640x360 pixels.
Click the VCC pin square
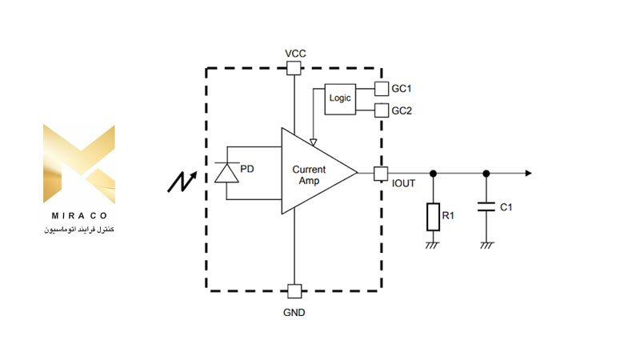(x=294, y=68)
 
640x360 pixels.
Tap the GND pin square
(x=294, y=291)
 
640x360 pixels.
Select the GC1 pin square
(x=382, y=89)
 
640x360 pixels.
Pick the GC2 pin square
(x=382, y=110)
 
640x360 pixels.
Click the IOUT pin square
(x=381, y=174)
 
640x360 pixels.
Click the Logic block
(x=340, y=99)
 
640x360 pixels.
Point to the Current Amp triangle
(x=314, y=171)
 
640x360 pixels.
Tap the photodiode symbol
(x=227, y=173)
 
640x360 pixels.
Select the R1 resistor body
(x=433, y=217)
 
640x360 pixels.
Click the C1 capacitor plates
(x=486, y=206)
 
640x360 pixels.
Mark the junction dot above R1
(x=433, y=174)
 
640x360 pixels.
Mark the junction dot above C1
(x=486, y=174)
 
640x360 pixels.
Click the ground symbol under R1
(x=432, y=245)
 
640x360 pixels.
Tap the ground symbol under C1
(x=486, y=245)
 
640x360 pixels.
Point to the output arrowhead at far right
(x=529, y=174)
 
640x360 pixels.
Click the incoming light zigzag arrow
(x=182, y=182)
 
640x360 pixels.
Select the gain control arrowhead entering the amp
(x=313, y=142)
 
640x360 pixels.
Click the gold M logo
(x=79, y=164)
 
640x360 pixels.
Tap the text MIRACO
(x=79, y=215)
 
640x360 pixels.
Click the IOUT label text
(x=403, y=184)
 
